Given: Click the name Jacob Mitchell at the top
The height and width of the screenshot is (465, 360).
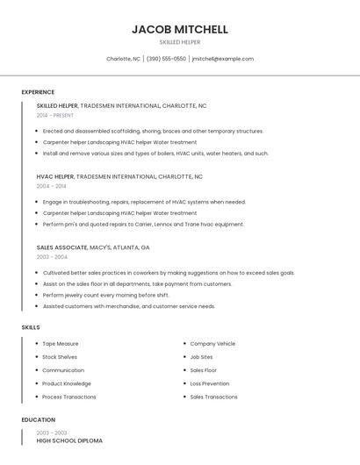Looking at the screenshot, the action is tap(180, 29).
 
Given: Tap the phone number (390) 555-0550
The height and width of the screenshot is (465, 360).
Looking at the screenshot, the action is tap(166, 59).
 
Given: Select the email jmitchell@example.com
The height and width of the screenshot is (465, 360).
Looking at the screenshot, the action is tap(222, 59).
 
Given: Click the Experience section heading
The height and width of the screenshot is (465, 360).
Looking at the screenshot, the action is tap(38, 92).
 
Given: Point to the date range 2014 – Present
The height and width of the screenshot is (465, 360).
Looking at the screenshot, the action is tap(55, 115).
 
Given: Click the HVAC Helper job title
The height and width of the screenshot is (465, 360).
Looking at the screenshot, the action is tap(55, 176).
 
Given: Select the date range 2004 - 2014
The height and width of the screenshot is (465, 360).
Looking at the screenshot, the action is tap(51, 186).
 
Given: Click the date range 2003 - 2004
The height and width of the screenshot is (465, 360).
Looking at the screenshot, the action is tap(51, 257).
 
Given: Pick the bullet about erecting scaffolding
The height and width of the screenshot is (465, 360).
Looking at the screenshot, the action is tap(153, 131).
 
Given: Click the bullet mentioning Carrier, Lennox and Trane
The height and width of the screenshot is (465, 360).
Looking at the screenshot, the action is tap(143, 224).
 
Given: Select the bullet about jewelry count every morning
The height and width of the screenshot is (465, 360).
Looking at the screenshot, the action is tap(105, 295).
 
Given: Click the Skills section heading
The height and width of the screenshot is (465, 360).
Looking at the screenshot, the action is tap(31, 327).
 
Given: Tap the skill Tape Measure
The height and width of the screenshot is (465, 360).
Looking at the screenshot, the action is tap(61, 344).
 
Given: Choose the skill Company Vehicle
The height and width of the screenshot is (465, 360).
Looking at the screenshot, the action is tap(212, 344).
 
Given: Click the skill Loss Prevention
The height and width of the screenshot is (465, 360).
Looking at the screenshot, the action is tap(210, 383).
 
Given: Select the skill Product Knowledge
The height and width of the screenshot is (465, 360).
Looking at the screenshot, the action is tap(67, 383).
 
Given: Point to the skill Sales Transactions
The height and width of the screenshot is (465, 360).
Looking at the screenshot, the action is tap(213, 397).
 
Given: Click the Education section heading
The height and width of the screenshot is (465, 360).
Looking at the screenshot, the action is tap(38, 420).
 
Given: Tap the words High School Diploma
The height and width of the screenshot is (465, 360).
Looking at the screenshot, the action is tap(69, 440).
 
